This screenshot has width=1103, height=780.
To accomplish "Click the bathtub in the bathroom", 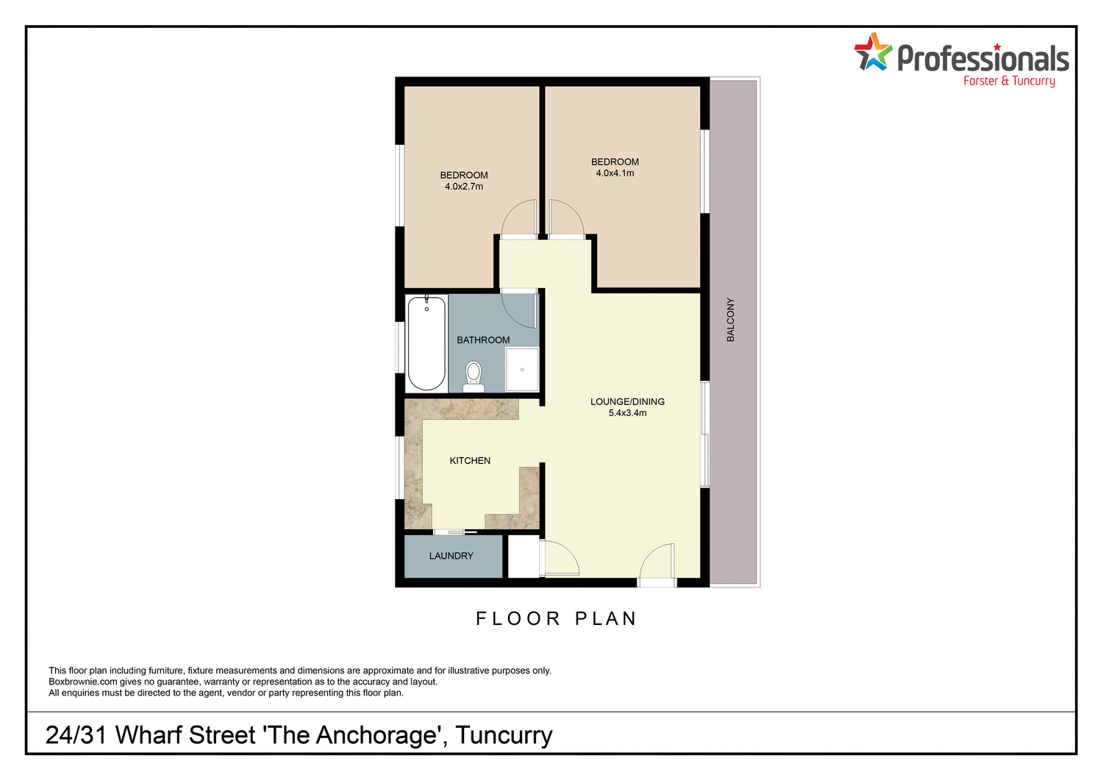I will (x=426, y=343).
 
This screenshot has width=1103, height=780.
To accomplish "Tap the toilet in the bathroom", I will (x=474, y=374).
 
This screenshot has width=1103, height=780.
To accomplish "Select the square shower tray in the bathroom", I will (x=522, y=369).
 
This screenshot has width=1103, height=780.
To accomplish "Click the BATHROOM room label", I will (x=483, y=340).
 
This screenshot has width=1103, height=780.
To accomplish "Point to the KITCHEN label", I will (x=470, y=460).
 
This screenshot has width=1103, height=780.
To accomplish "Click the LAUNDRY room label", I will (x=451, y=556).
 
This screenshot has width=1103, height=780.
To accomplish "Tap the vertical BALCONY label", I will (x=730, y=319).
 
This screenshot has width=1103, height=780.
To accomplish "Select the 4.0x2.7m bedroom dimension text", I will (x=464, y=187).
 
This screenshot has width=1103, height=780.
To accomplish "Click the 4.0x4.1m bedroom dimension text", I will (x=615, y=173).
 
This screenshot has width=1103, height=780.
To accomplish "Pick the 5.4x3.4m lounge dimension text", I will (x=627, y=413).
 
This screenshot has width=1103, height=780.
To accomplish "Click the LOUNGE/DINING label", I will (x=627, y=401).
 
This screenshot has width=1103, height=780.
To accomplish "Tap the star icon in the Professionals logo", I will (x=872, y=52).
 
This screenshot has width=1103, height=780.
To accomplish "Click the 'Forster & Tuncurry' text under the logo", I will (x=1009, y=81).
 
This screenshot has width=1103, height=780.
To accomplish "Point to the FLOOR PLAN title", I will (x=556, y=619).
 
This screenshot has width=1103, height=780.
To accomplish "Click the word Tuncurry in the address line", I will (x=504, y=734).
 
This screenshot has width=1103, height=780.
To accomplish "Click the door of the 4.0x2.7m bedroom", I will (x=518, y=219).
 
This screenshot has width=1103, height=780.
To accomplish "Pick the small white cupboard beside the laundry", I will (x=524, y=557).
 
